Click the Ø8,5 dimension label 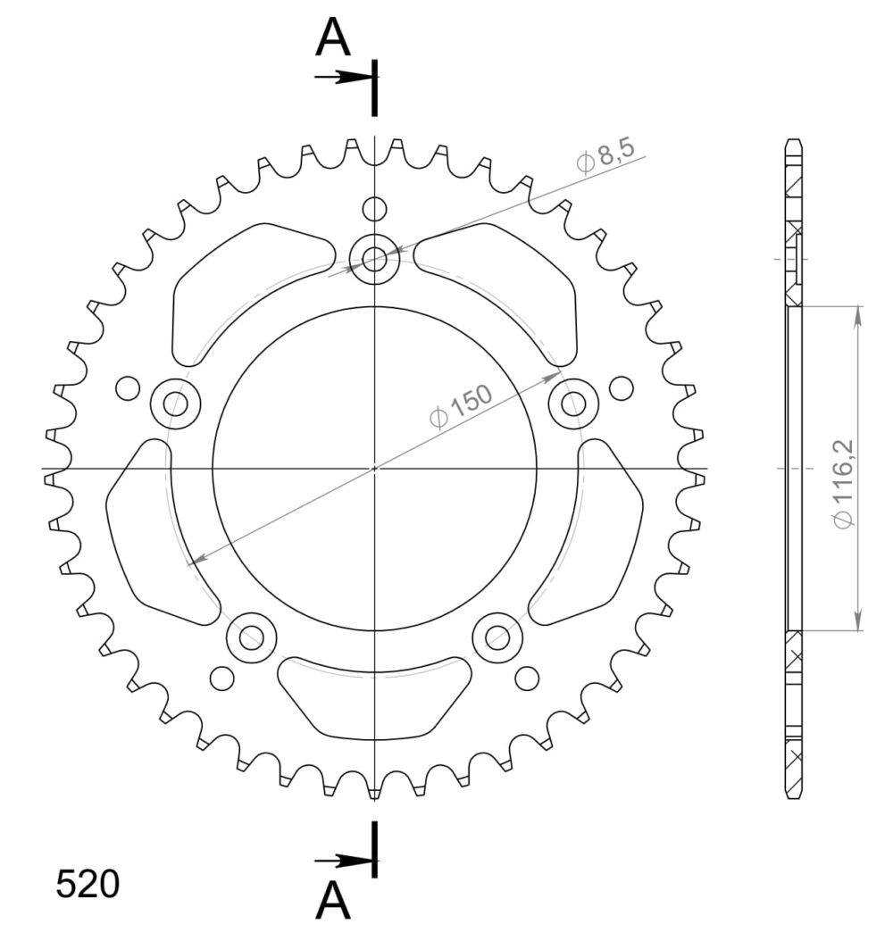coord(605,155)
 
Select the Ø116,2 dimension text coord(843,484)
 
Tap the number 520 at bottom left coord(88,885)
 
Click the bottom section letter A coord(333,900)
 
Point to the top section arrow coord(343,77)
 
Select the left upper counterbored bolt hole coord(176,404)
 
